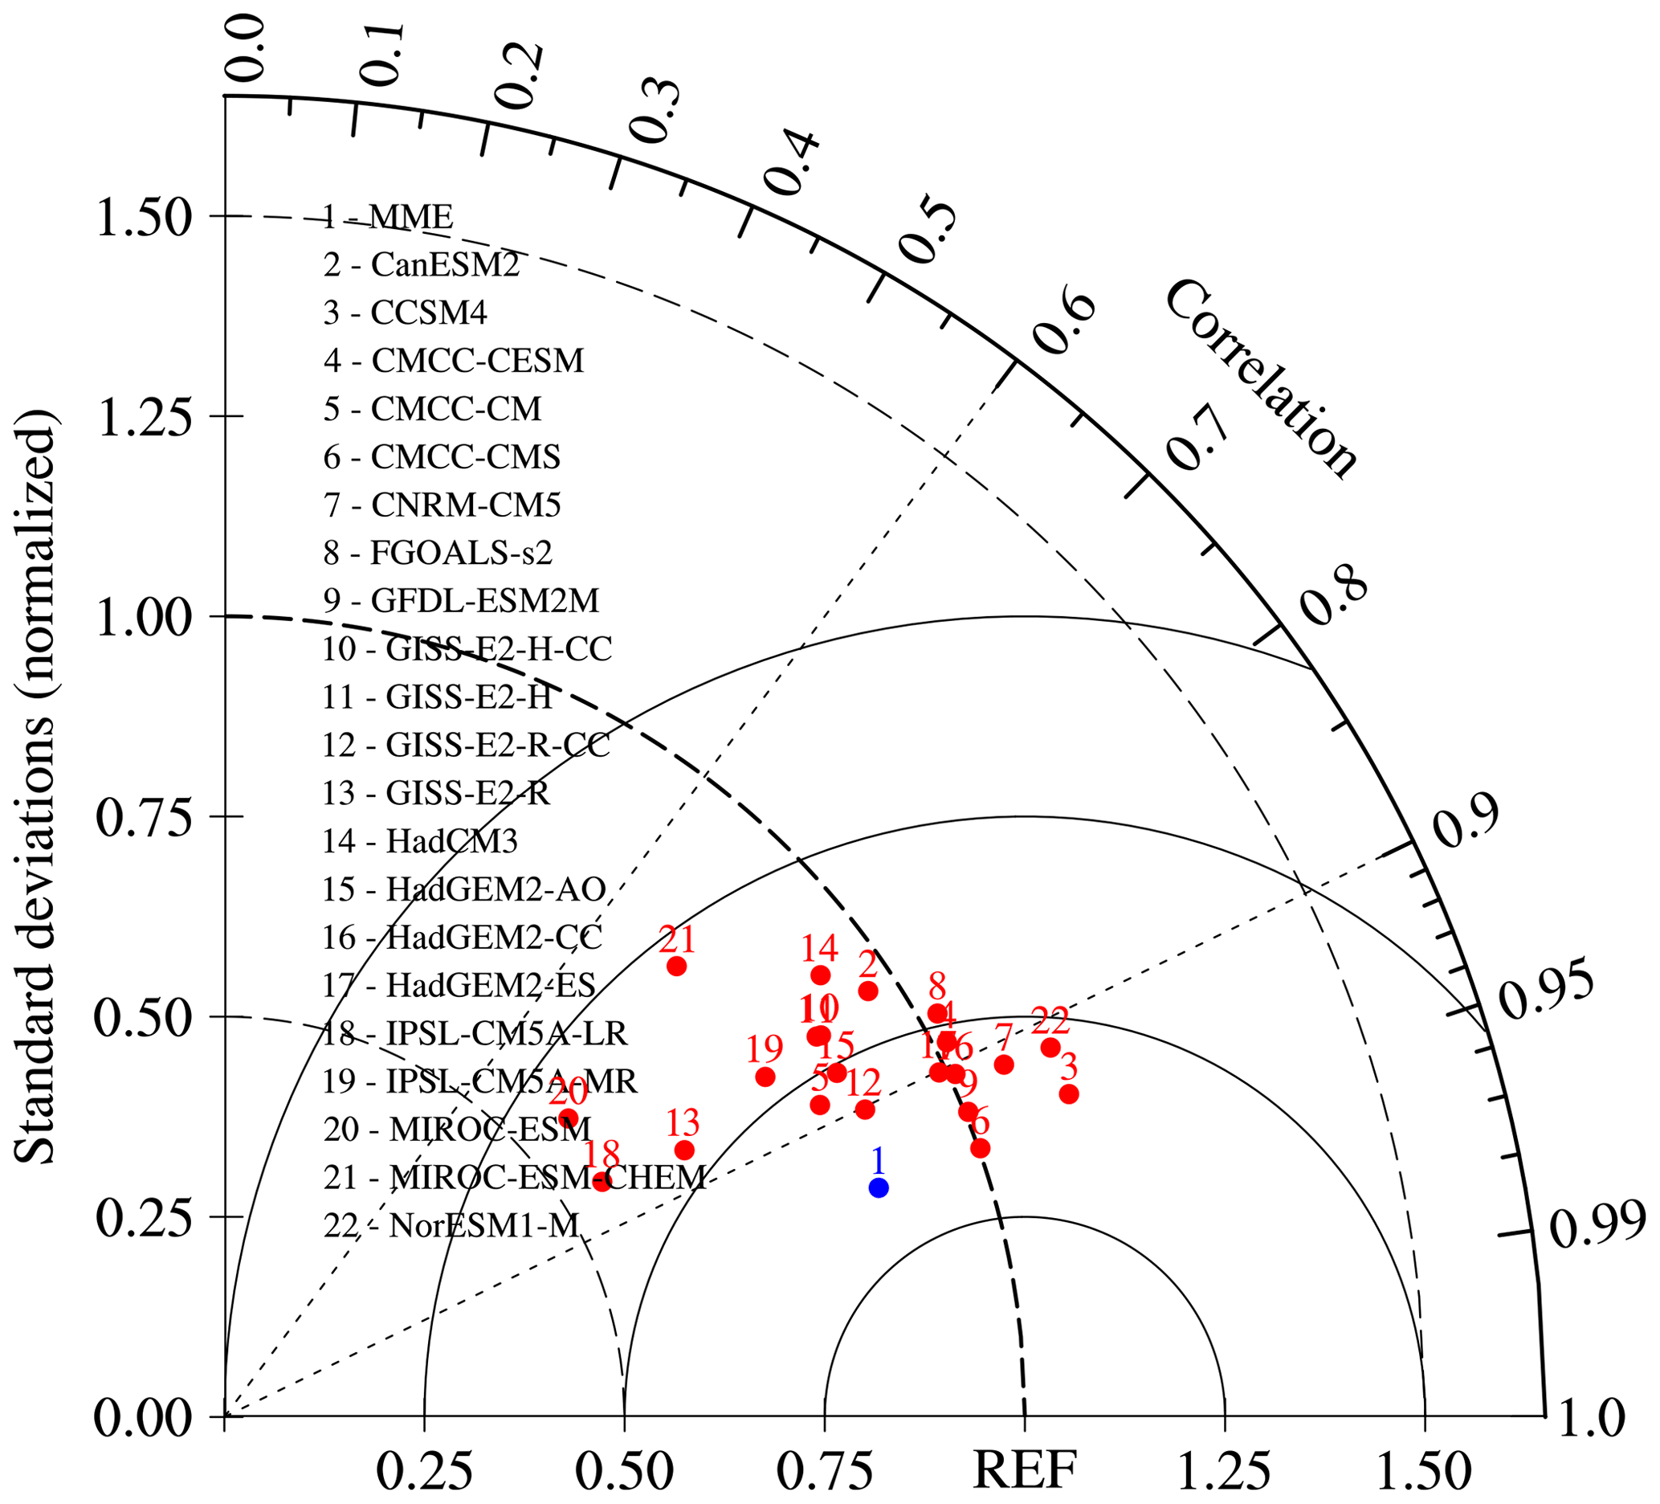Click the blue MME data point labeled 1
coord(879,1187)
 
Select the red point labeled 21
coord(677,967)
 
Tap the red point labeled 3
coord(1069,1093)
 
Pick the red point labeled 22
coord(1050,1048)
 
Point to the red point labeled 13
coord(684,1150)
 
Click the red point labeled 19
coord(765,1077)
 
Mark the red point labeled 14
coord(820,975)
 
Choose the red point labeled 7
coord(1004,1065)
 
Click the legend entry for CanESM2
coord(421,265)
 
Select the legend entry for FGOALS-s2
coord(437,553)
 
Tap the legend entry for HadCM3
coord(420,841)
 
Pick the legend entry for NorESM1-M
coord(451,1225)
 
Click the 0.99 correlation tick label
coord(1597,1224)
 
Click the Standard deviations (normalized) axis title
coord(35,787)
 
